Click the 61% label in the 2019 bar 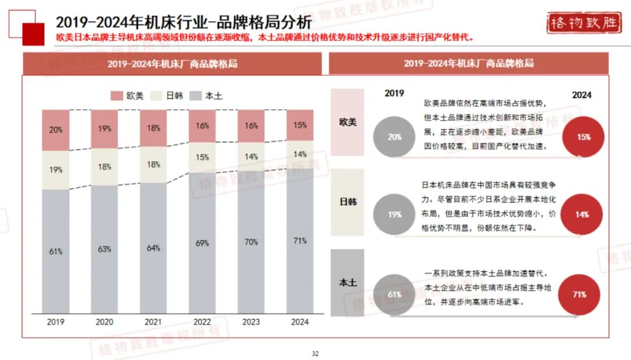point(56,251)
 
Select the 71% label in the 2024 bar point(300,240)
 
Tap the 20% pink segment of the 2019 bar point(56,130)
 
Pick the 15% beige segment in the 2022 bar point(202,157)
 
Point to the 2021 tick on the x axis point(153,321)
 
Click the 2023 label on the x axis point(251,321)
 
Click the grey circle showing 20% point(394,137)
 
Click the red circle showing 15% point(582,137)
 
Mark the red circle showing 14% point(581,214)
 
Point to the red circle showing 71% point(579,294)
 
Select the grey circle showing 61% point(394,294)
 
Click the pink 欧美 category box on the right point(348,122)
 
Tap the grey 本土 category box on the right point(348,282)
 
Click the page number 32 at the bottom point(315,353)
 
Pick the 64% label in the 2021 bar point(153,248)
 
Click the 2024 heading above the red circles point(581,95)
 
